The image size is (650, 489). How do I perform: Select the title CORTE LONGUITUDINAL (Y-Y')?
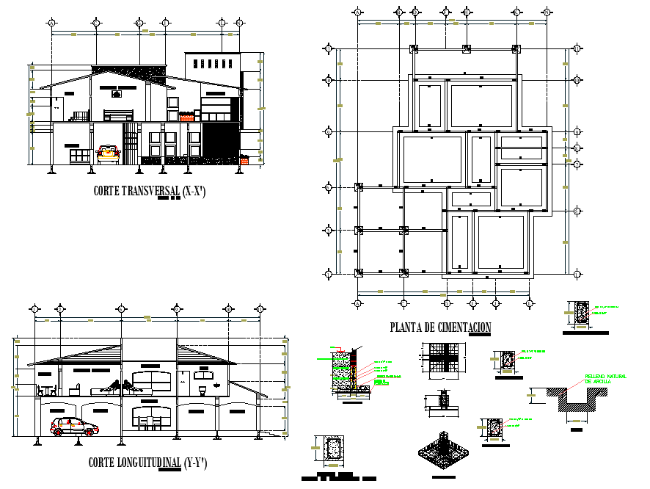(x=147, y=463)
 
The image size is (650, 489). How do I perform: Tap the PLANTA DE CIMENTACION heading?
(x=440, y=327)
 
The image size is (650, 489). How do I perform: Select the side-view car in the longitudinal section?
(x=74, y=427)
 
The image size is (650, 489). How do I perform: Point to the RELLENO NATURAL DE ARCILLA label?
(x=605, y=380)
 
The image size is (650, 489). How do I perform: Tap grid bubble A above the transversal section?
(x=52, y=23)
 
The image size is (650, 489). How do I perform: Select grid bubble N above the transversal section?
(x=238, y=23)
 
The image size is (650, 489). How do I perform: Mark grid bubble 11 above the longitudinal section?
(x=258, y=309)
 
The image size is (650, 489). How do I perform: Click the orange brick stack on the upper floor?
(x=187, y=116)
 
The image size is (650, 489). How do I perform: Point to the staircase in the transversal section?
(x=78, y=115)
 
